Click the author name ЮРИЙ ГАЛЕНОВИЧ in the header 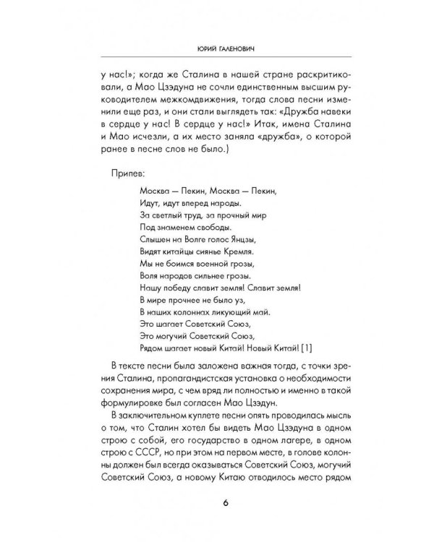tap(217, 48)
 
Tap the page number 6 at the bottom tap(217, 504)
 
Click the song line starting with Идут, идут tap(188, 202)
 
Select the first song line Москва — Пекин tap(206, 190)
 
